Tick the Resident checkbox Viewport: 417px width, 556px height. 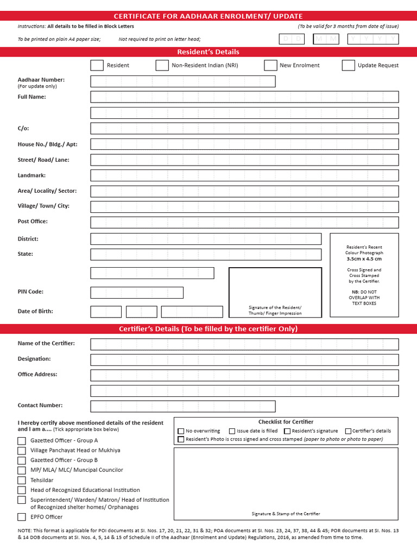coord(97,65)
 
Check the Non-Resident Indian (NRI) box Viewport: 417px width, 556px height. coord(162,65)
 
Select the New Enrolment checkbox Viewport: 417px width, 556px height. coord(270,65)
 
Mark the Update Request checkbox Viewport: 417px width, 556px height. coord(349,65)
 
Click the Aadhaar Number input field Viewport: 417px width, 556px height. coord(183,81)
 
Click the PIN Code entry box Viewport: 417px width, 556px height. coord(137,293)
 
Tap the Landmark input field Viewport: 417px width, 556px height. coord(244,175)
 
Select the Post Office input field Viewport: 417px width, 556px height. coord(244,222)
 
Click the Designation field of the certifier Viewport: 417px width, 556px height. coord(244,359)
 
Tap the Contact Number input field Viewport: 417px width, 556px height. coord(183,406)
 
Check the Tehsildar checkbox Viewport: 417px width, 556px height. coord(22,480)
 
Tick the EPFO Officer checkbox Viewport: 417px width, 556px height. coord(22,517)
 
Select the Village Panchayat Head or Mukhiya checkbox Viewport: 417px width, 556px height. coord(22,451)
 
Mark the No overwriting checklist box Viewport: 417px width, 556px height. coord(181,431)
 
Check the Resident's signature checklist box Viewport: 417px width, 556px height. coord(287,431)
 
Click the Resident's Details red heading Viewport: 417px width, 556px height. coord(208,52)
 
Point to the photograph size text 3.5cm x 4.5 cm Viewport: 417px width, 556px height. coord(364,259)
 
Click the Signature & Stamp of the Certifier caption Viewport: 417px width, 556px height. coord(286,514)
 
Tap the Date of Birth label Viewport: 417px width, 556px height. coord(35,311)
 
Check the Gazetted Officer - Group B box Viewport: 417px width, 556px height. coord(22,460)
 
